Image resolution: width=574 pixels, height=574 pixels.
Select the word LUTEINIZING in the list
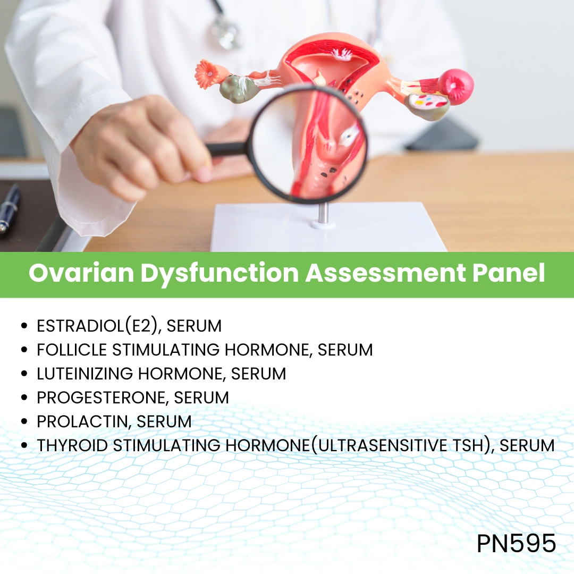click(x=86, y=374)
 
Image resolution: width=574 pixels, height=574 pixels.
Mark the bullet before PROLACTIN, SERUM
click(x=24, y=422)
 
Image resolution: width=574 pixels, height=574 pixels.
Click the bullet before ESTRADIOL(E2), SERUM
click(x=24, y=326)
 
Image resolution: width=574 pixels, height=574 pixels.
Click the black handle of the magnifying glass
click(x=226, y=149)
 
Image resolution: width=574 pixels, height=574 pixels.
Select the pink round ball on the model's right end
click(x=456, y=86)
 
